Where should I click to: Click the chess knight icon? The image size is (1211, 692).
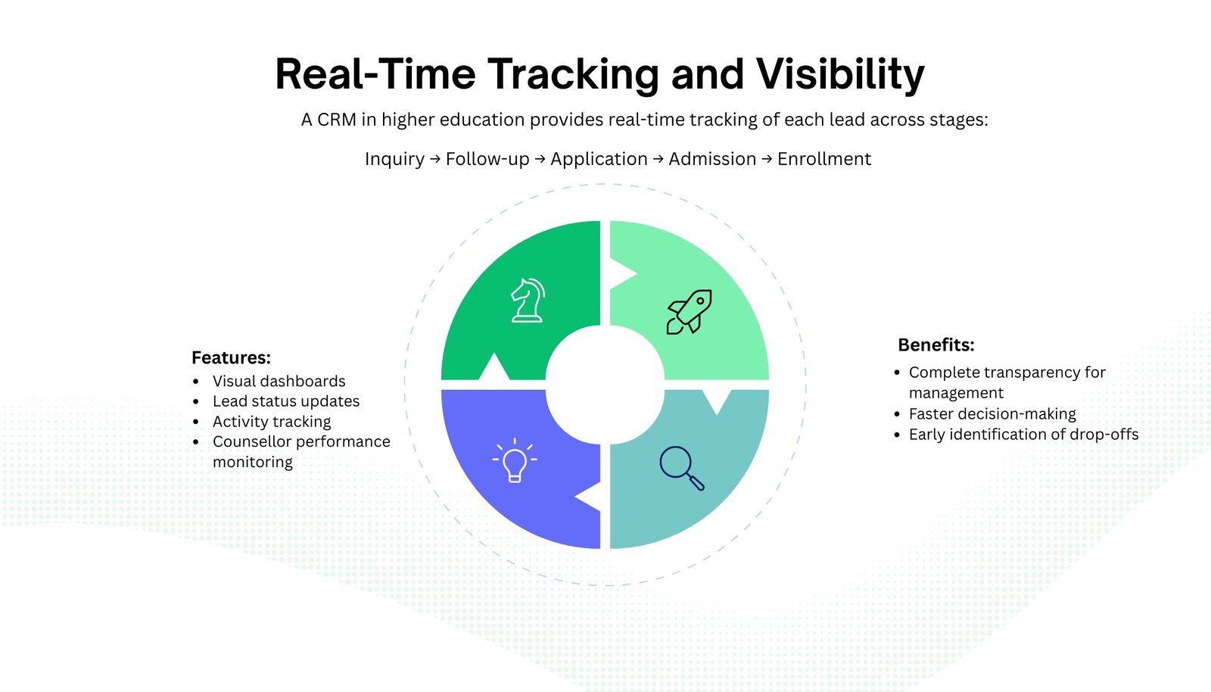pos(528,300)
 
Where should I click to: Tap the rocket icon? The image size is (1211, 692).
pos(689,311)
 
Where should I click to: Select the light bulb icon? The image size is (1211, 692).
pos(515,461)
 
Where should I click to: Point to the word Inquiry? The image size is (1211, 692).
pos(394,159)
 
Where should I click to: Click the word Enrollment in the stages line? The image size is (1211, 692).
pos(823,159)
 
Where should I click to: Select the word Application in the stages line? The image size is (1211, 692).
pos(599,159)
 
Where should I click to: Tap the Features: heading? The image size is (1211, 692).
pos(231,357)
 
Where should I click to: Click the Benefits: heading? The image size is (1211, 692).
pos(935,345)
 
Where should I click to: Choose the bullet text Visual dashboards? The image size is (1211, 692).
pos(279,381)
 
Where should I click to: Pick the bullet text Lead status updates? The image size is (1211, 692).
pos(285,401)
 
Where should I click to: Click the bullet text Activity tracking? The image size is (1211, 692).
pos(272,422)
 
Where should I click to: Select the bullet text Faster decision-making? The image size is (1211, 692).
pos(992,414)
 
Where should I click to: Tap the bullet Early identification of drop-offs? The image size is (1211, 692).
pos(1023,435)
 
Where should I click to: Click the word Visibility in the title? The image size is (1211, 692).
pos(840,74)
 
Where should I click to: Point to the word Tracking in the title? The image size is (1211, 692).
pos(573,74)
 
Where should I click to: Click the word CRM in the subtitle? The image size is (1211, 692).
pos(337,120)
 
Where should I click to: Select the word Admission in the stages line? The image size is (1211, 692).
pos(712,159)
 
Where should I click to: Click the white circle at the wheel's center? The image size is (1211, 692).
pos(605,385)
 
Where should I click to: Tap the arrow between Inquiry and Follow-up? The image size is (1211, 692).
pos(435,159)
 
